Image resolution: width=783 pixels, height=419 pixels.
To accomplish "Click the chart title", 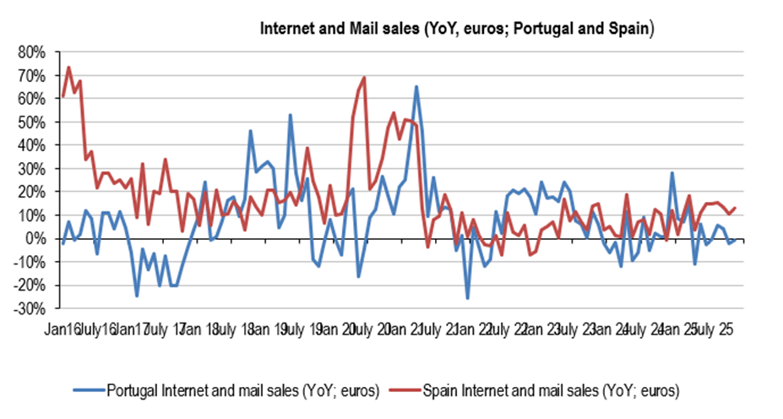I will coord(457,28).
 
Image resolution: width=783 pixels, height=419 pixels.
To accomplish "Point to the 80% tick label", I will coord(32,52).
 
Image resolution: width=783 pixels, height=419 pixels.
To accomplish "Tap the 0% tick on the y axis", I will coord(36,239).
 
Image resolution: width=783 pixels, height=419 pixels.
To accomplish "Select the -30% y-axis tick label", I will coord(30,309).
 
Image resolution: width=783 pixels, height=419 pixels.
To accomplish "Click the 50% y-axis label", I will coord(32,122).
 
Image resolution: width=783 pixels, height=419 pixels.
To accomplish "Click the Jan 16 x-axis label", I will coord(64,328).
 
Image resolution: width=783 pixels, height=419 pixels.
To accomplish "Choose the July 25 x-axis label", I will coord(711,328).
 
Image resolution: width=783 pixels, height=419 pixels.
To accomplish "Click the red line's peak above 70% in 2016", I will coord(68,68).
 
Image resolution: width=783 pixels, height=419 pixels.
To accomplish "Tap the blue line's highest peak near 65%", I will coord(416,86).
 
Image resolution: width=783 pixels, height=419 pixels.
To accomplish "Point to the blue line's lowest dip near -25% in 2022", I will coord(467,297).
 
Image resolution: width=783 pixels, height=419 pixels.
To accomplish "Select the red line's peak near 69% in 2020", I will coord(364,78).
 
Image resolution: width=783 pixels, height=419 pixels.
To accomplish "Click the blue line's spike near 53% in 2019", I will coord(290,115).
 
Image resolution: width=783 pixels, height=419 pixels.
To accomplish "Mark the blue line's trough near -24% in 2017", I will coord(137,296).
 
